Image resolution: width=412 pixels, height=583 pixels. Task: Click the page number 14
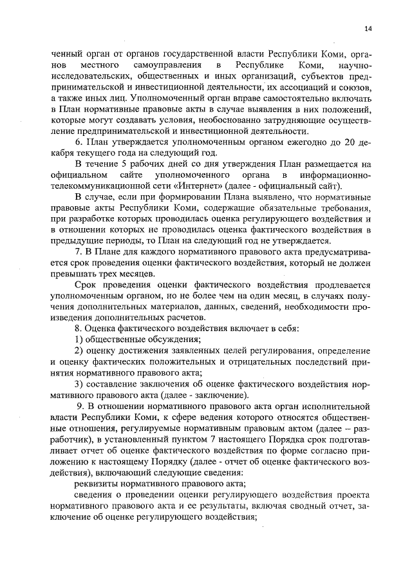368,28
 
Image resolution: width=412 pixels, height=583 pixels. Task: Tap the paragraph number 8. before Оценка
79,328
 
